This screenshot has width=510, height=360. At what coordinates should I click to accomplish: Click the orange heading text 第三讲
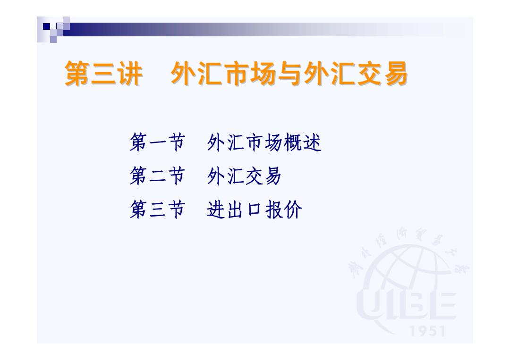pos(103,74)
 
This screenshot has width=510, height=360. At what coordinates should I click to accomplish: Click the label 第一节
pos(157,142)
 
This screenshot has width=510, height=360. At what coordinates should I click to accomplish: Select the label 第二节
pos(157,176)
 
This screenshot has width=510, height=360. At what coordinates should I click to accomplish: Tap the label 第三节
pos(157,209)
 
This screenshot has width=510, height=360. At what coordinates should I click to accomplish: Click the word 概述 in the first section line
pos(303,142)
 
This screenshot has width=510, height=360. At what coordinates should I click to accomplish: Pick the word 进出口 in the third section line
pos(234,209)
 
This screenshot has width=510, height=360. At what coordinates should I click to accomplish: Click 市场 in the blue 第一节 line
pos(264,142)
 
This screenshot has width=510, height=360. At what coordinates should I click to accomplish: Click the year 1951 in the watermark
pos(427,331)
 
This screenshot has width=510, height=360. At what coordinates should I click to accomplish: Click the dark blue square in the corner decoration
pos(46,26)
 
